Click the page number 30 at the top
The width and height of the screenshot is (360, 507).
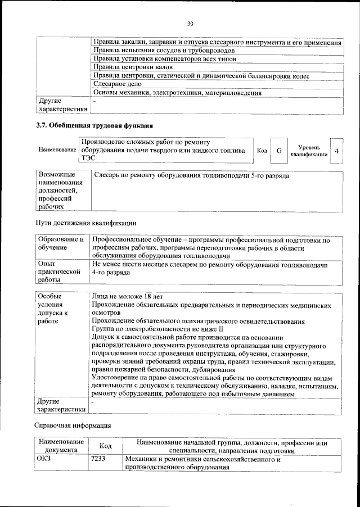190,23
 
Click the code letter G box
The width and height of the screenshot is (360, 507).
278,151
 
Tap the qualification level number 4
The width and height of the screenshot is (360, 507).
336,151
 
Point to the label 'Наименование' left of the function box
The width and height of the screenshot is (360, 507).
57,151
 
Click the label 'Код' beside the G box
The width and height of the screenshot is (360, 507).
262,151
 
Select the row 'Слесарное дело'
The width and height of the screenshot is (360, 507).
116,83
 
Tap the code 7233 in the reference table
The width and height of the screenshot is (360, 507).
98,459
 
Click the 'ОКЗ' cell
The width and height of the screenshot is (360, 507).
44,459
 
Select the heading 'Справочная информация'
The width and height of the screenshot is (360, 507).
73,425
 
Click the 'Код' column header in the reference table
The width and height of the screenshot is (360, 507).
105,446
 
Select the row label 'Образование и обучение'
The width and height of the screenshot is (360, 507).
61,243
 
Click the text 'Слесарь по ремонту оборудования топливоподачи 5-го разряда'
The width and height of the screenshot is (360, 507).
191,176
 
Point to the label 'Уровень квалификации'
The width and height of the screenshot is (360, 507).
309,151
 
